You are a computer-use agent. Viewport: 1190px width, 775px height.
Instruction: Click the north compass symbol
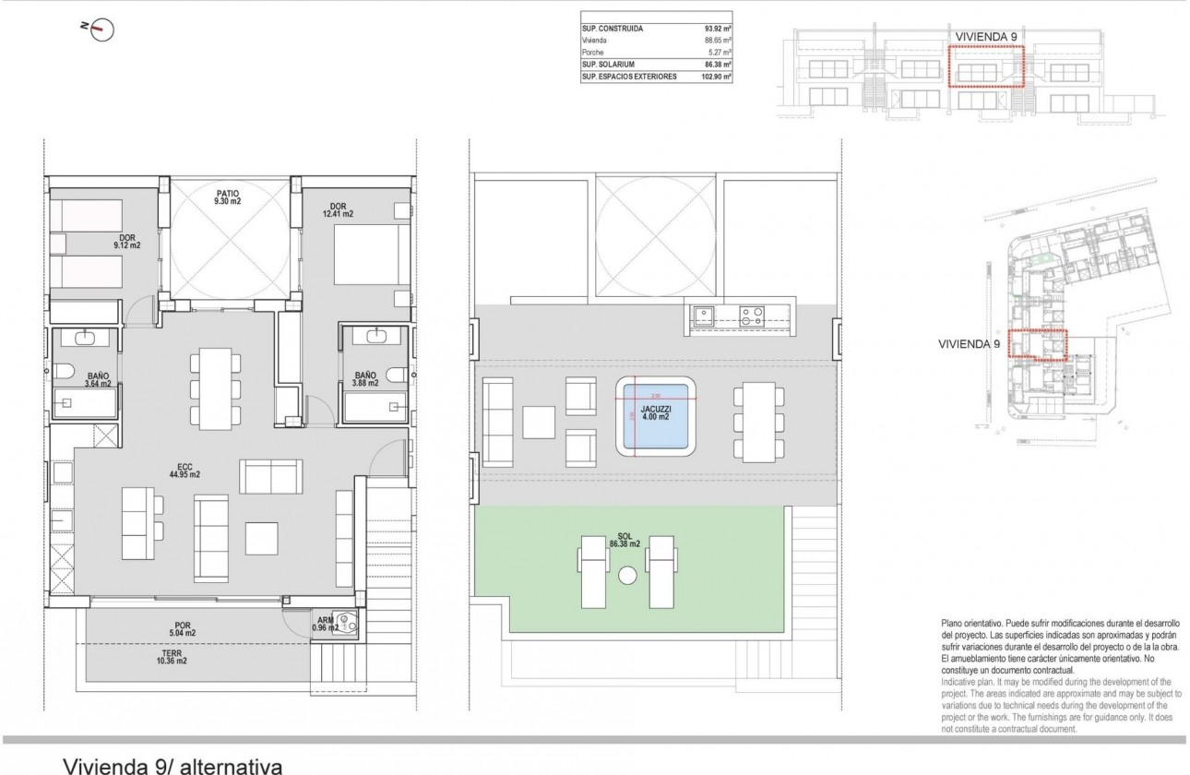click(x=101, y=29)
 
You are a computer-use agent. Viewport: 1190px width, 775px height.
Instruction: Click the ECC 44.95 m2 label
click(x=183, y=469)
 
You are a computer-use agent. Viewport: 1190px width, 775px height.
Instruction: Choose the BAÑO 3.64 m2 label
click(x=99, y=380)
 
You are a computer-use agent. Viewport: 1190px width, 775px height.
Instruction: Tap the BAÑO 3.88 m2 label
click(x=364, y=380)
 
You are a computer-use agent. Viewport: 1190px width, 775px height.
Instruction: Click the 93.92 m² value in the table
click(x=717, y=29)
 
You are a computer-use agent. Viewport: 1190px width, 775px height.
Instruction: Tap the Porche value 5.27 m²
click(x=717, y=53)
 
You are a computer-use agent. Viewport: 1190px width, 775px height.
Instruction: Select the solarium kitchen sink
click(x=703, y=316)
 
